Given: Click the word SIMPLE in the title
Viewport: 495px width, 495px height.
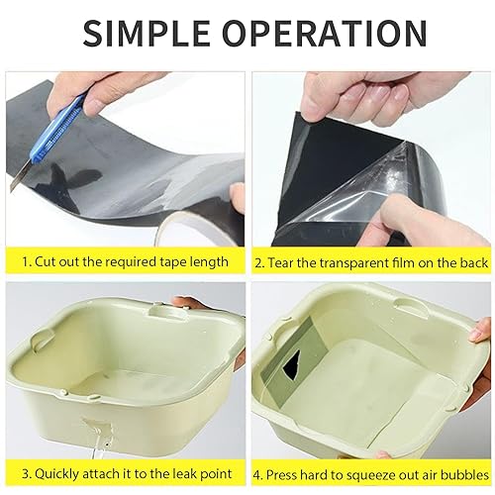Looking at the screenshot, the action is (147, 33).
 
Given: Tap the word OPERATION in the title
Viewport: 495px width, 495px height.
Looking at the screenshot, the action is (325, 33).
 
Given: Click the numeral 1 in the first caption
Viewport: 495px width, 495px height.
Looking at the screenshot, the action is (27, 262).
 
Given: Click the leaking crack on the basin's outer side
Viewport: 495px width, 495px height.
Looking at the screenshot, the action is (99, 429).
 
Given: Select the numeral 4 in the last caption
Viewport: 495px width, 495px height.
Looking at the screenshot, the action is (256, 475).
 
